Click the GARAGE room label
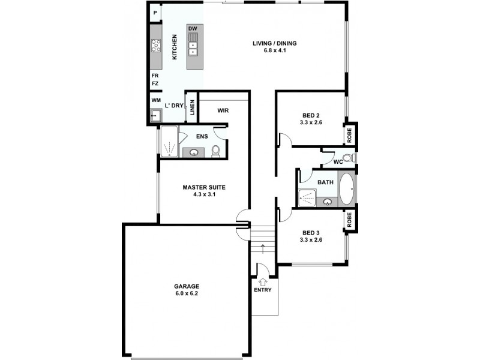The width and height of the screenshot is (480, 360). tap(187, 286)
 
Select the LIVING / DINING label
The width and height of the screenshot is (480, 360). tap(274, 43)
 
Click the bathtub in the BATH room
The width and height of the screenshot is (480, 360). tap(347, 188)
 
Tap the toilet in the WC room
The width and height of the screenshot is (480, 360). tap(353, 158)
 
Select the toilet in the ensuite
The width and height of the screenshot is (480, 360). tap(215, 151)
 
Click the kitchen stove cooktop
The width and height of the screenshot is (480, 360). tap(156, 45)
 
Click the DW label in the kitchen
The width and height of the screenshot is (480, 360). tap(193, 29)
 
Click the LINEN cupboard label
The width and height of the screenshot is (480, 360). tap(192, 108)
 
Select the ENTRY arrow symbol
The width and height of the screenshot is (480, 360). tap(263, 279)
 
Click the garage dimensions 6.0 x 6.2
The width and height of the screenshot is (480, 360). tap(187, 294)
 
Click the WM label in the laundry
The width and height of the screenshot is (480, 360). tap(156, 100)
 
